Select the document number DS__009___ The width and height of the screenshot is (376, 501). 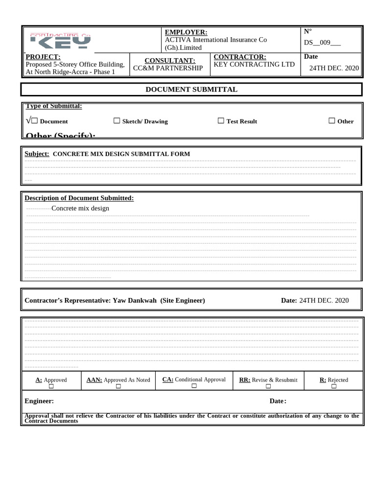pyautogui.click(x=322, y=42)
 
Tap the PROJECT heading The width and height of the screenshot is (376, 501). pyautogui.click(x=43, y=57)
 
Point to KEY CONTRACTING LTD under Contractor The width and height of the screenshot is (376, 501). pyautogui.click(x=254, y=64)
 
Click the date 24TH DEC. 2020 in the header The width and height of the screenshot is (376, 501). pyautogui.click(x=334, y=68)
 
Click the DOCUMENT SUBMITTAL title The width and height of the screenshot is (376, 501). pyautogui.click(x=191, y=89)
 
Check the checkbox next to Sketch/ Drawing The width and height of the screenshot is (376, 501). pyautogui.click(x=117, y=121)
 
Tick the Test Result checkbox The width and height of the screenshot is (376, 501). pyautogui.click(x=221, y=121)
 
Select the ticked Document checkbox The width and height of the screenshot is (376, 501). pyautogui.click(x=34, y=121)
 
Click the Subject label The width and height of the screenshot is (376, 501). pyautogui.click(x=37, y=154)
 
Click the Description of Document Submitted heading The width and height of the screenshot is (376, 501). pyautogui.click(x=79, y=198)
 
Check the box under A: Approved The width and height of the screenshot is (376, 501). pyautogui.click(x=51, y=387)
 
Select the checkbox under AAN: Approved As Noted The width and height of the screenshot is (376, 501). pyautogui.click(x=118, y=387)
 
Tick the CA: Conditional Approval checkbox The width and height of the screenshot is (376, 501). pyautogui.click(x=194, y=386)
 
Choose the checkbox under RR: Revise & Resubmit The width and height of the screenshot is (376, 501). pyautogui.click(x=268, y=387)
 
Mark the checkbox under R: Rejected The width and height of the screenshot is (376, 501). pyautogui.click(x=333, y=387)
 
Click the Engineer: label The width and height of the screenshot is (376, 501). pyautogui.click(x=39, y=401)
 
